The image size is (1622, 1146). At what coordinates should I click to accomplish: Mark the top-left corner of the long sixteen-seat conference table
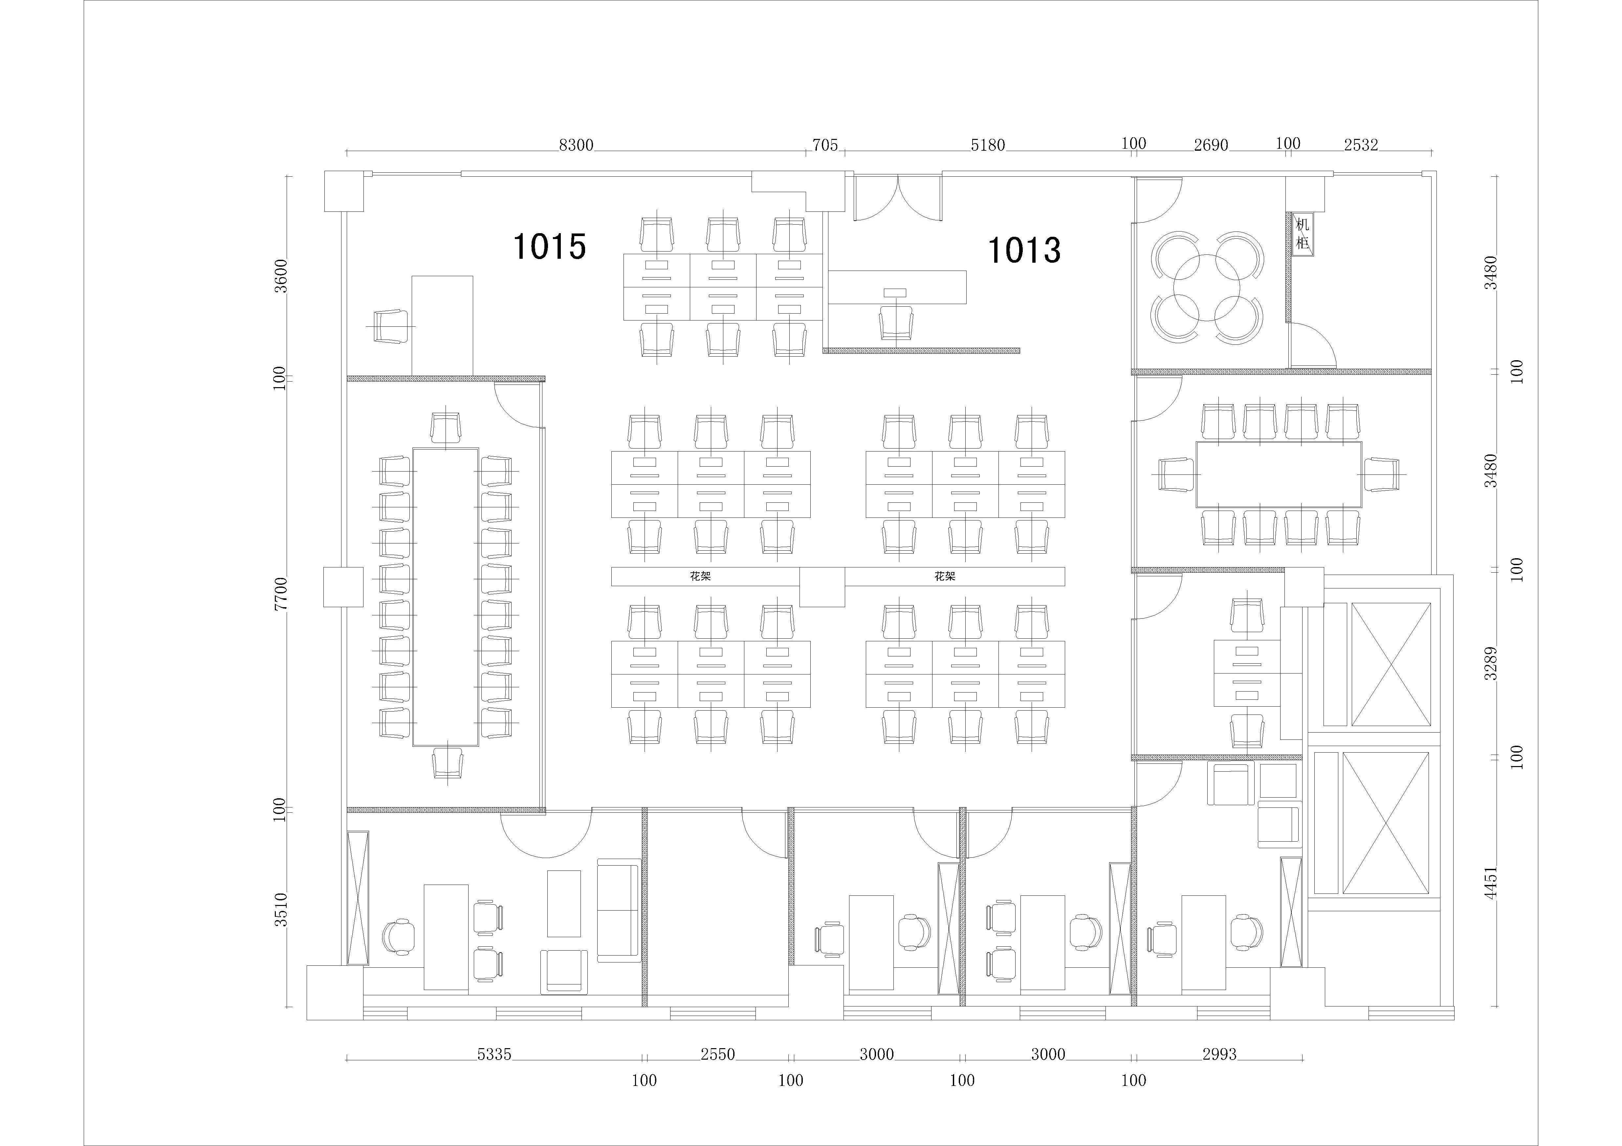click(x=413, y=448)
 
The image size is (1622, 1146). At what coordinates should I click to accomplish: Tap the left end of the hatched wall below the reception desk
click(x=824, y=350)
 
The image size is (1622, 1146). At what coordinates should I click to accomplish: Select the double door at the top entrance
click(x=897, y=198)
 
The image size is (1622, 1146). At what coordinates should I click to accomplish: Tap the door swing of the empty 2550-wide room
click(x=764, y=834)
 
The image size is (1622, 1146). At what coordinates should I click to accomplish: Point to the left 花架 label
click(x=700, y=577)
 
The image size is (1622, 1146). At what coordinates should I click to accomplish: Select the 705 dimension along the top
click(x=824, y=145)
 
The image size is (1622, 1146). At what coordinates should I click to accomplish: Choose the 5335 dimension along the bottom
click(x=494, y=1054)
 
